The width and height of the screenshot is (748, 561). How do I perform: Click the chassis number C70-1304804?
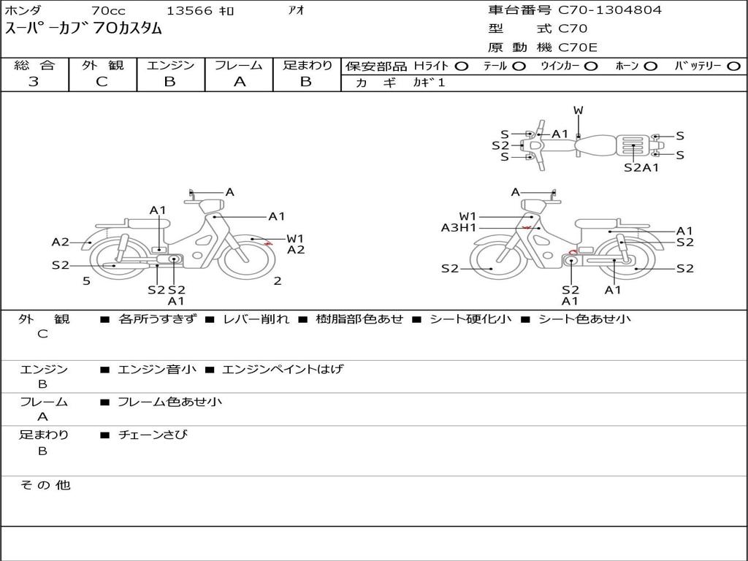(610, 10)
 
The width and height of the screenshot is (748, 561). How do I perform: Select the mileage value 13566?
(189, 11)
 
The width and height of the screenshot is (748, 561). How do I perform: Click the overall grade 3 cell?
(34, 82)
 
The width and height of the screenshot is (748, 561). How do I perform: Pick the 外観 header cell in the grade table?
(102, 65)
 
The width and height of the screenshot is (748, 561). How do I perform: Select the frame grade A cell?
(239, 82)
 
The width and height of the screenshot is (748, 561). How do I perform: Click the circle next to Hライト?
(461, 66)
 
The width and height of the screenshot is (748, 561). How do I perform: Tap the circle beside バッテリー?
(733, 66)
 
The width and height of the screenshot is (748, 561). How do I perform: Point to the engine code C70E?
(578, 48)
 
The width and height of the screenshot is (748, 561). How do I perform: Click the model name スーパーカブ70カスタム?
(84, 29)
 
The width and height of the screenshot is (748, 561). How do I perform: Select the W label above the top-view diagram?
(579, 111)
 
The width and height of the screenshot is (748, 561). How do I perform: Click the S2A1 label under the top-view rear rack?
(641, 167)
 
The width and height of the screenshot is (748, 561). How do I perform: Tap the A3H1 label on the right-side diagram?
(459, 228)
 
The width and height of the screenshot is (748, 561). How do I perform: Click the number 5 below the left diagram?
(86, 281)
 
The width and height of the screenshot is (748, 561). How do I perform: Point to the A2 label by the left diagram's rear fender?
(60, 243)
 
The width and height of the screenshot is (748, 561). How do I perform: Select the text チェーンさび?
(153, 435)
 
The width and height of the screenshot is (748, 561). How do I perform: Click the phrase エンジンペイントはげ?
(282, 370)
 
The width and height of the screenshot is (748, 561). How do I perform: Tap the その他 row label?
(45, 485)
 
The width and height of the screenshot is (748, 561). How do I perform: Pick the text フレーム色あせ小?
(169, 402)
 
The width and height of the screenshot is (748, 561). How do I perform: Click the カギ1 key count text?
(429, 83)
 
